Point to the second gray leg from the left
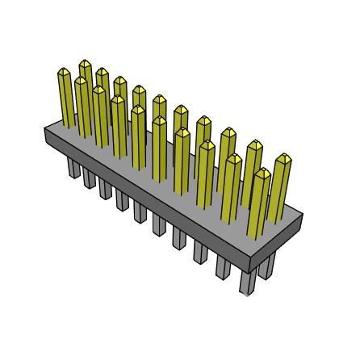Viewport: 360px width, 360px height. (x=89, y=178)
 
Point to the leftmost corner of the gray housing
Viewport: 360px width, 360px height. (x=43, y=131)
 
